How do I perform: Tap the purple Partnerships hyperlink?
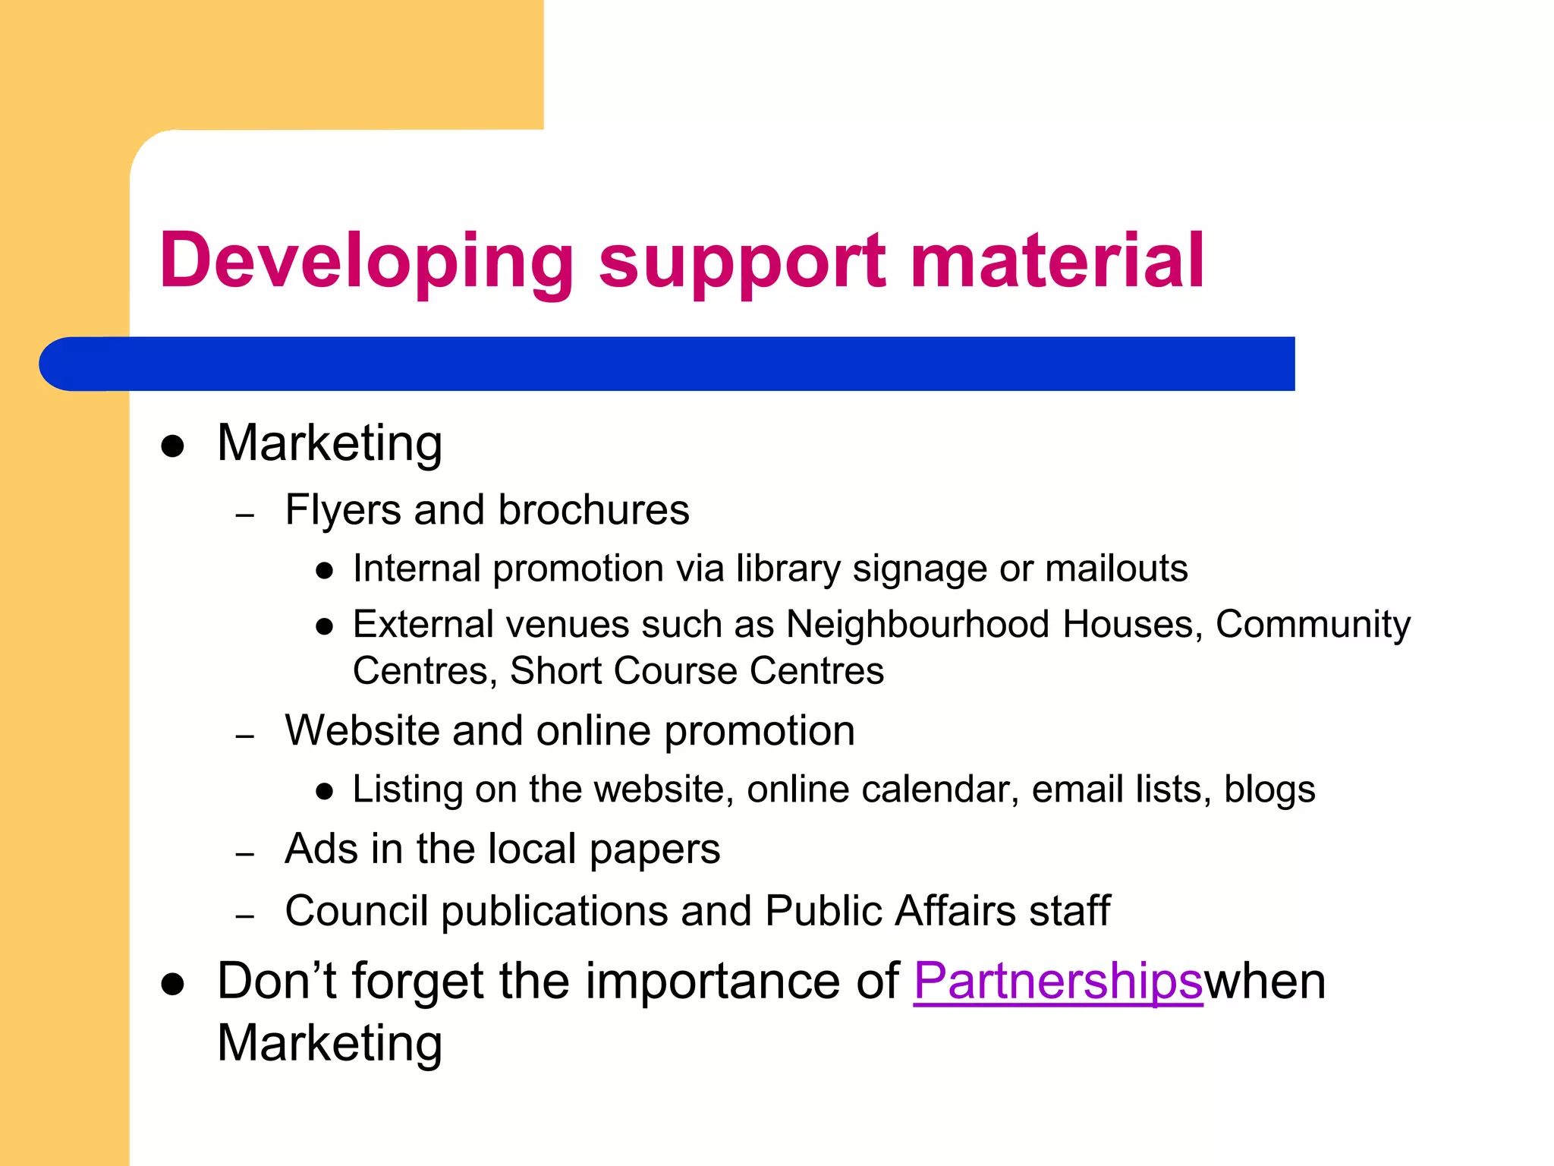pyautogui.click(x=1058, y=981)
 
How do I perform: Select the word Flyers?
pyautogui.click(x=342, y=510)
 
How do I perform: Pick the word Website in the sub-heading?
pyautogui.click(x=361, y=731)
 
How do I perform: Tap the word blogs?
pyautogui.click(x=1269, y=789)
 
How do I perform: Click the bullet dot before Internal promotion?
pyautogui.click(x=325, y=572)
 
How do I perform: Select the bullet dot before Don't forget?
pyautogui.click(x=173, y=985)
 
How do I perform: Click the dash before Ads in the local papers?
pyautogui.click(x=244, y=855)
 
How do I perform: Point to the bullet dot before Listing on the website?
pyautogui.click(x=325, y=793)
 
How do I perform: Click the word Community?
pyautogui.click(x=1313, y=625)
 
